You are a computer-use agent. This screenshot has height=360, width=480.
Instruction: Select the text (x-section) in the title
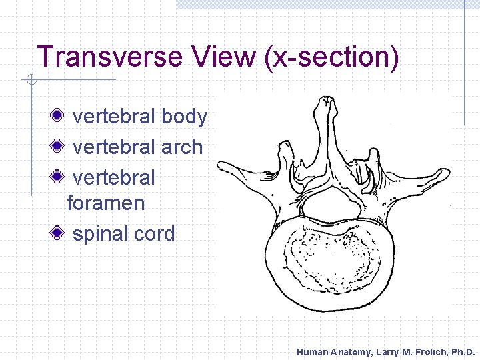pos(333,57)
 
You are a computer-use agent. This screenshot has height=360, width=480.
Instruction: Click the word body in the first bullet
pos(185,117)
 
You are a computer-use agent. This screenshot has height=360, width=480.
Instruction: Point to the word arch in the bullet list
pos(182,147)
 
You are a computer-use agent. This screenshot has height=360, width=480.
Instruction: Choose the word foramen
pos(106,203)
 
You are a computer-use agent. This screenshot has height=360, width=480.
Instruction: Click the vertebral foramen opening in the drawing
pos(330,207)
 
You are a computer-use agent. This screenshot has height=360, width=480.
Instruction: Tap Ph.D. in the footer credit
pos(460,351)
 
